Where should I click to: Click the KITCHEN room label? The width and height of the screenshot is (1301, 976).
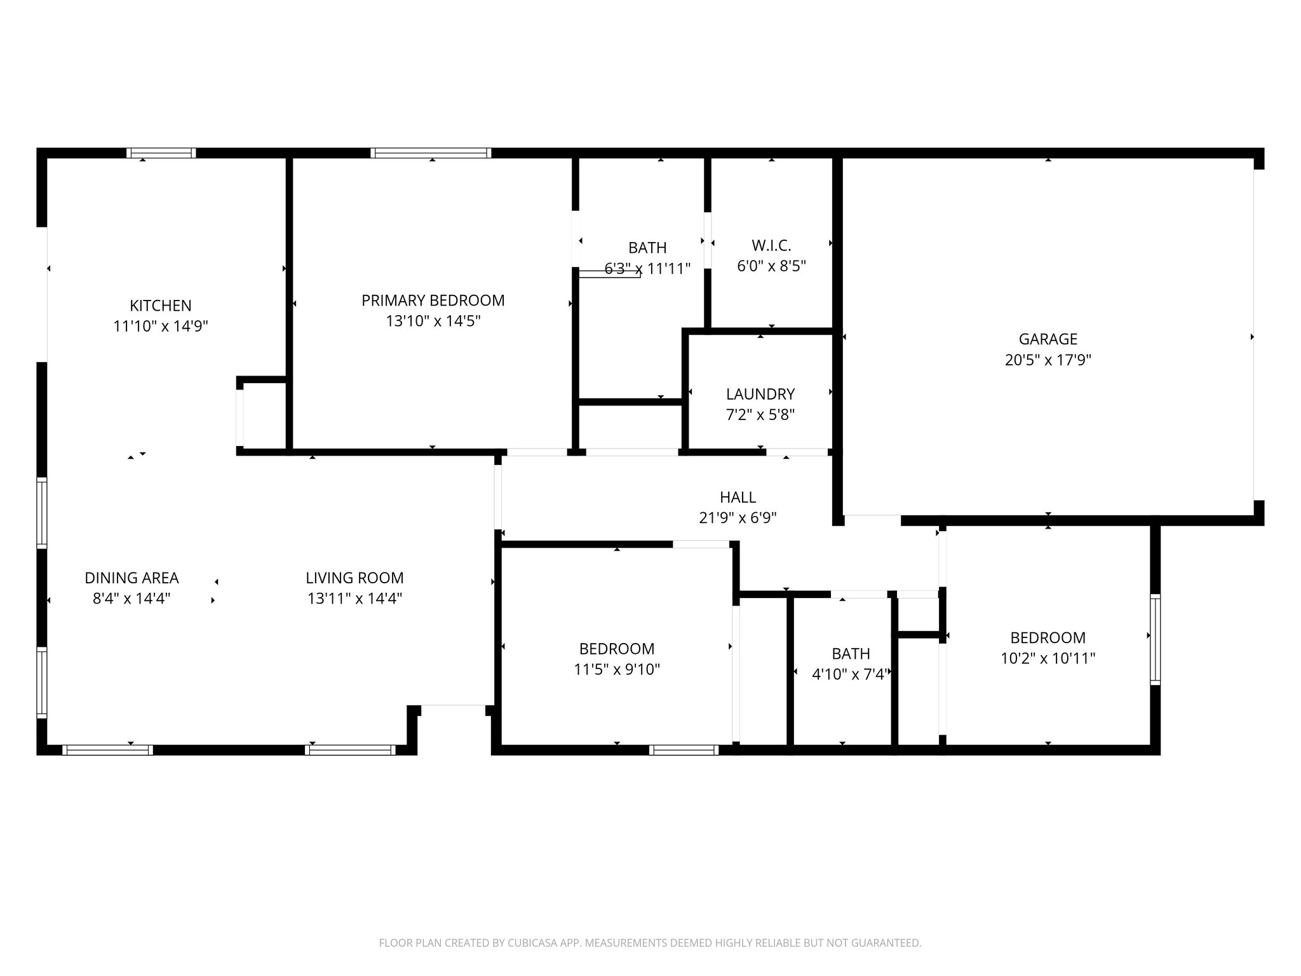coord(160,306)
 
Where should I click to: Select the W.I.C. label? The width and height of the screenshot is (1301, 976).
coord(771,245)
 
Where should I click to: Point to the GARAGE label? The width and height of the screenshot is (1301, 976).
coord(1048,339)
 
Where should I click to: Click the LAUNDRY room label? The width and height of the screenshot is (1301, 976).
coord(760,394)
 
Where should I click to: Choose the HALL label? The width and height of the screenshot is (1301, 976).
coord(738,498)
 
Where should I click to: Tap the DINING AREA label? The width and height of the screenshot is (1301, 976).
coord(131,578)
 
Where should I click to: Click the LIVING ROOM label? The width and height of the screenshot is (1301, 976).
coord(354,578)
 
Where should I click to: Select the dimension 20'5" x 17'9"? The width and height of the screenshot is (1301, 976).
coord(1048,360)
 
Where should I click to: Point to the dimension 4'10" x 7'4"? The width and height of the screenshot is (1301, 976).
coord(850,675)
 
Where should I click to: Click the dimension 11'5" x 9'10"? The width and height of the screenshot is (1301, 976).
coord(616,670)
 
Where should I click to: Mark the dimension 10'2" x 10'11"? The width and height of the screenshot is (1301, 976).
coord(1048,659)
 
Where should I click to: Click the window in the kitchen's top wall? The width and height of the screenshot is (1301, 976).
coord(161,152)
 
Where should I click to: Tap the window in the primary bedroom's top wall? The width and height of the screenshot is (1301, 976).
coord(431,152)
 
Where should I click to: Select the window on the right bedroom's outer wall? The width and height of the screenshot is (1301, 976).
coord(1155,639)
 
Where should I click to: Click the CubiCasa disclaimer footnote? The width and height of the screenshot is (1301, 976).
coord(650,943)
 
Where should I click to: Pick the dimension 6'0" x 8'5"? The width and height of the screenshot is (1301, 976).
coord(771,266)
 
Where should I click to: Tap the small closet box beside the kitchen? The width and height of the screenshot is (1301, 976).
coord(263,416)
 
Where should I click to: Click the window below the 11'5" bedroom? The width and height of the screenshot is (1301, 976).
coord(684,750)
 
